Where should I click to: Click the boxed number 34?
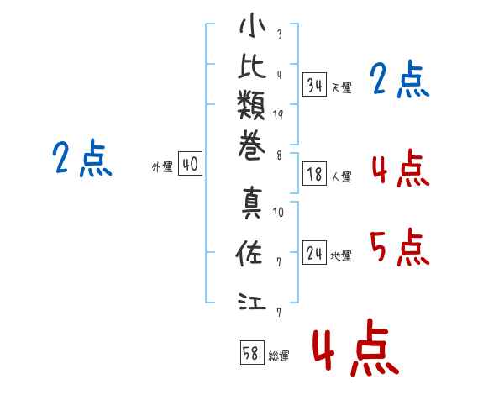pos(315,84)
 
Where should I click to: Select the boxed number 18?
pos(315,175)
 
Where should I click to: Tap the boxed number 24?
pos(315,252)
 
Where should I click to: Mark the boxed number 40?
pos(190,165)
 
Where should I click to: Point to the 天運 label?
pos(341,87)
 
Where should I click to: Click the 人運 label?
pos(341,177)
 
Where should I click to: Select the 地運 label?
pos(341,255)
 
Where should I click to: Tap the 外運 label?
pos(161,167)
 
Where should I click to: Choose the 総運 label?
pos(279,356)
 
